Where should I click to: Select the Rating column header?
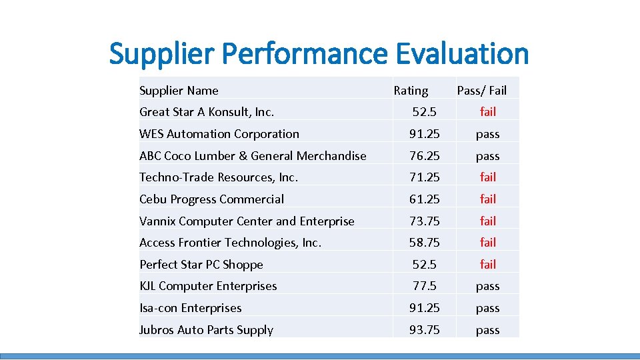tap(411, 91)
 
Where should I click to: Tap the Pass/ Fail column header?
tap(481, 91)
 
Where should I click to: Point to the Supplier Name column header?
tap(179, 91)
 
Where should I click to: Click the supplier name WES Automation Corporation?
tap(219, 134)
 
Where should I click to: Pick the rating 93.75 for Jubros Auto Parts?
tap(425, 330)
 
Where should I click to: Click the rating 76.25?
tap(425, 156)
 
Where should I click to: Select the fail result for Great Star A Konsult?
tap(488, 112)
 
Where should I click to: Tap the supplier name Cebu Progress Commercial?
tap(211, 199)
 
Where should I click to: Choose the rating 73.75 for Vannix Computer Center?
tap(425, 221)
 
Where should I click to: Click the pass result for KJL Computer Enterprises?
tap(488, 287)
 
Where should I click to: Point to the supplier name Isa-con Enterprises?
tap(190, 308)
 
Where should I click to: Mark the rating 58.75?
tap(425, 243)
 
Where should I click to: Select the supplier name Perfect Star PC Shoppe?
tap(201, 265)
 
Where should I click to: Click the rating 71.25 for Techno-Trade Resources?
tap(425, 177)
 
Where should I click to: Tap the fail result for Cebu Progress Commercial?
tap(488, 199)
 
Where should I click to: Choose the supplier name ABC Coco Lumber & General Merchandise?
tap(253, 156)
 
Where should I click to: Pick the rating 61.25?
tap(425, 199)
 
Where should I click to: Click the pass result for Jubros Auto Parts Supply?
tap(488, 330)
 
